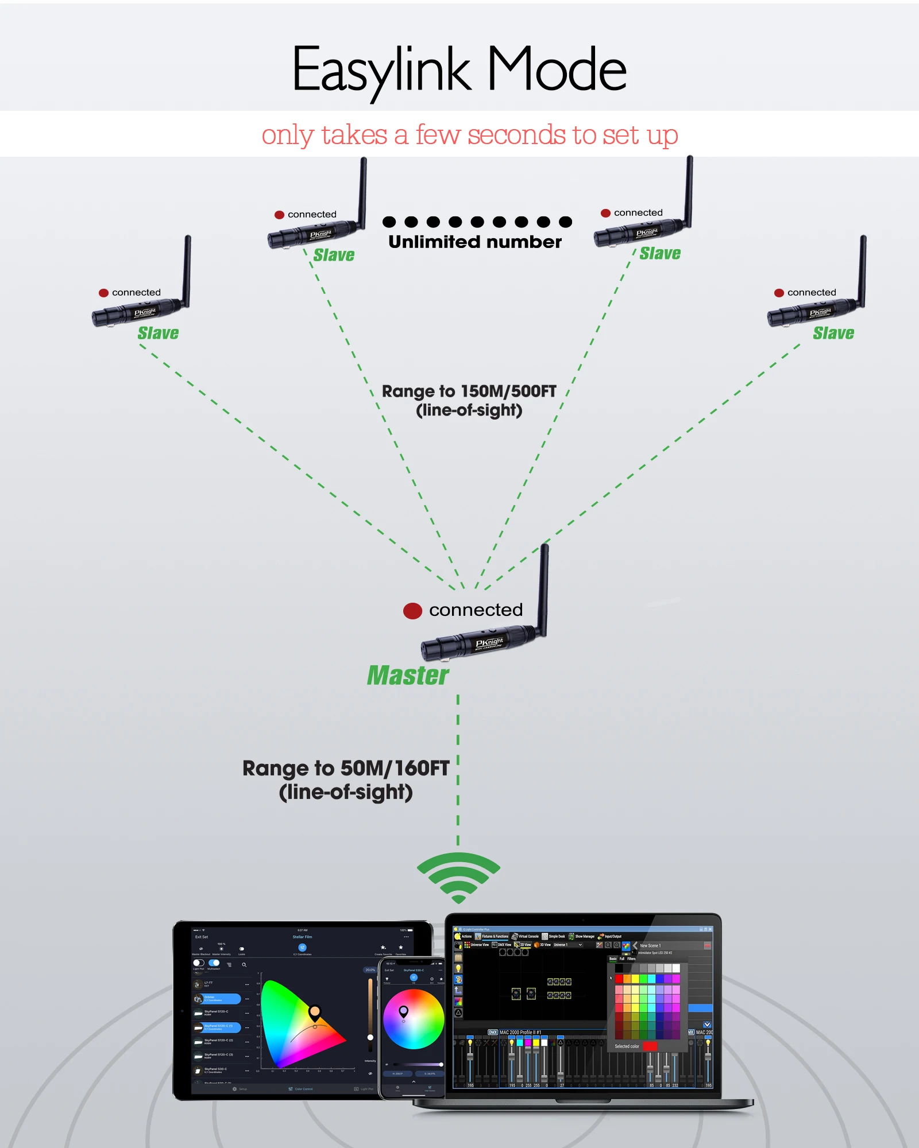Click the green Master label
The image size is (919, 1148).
click(x=408, y=676)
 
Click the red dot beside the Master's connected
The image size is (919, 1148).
click(x=412, y=611)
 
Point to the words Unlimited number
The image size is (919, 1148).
click(x=475, y=242)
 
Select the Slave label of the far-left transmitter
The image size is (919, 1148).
click(x=158, y=333)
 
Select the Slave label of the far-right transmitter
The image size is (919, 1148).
click(x=833, y=333)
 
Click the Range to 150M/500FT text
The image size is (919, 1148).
click(x=469, y=392)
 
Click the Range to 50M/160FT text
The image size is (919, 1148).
click(x=346, y=769)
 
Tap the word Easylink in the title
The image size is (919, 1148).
click(x=381, y=71)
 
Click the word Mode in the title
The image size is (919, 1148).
click(x=557, y=69)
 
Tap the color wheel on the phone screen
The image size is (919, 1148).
click(x=414, y=1019)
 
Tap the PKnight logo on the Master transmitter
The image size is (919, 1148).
click(x=489, y=643)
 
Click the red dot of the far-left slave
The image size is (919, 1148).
click(x=104, y=293)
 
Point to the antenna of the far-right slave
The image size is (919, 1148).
click(x=863, y=270)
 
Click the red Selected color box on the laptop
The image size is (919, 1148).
click(x=650, y=1046)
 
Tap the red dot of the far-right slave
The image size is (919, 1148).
click(x=779, y=293)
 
